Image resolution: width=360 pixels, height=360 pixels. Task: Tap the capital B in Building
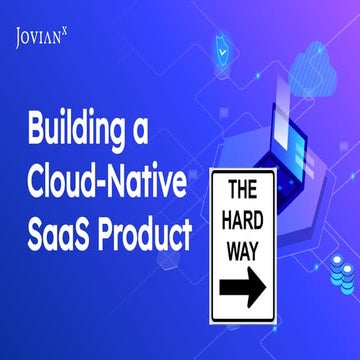(40, 130)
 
